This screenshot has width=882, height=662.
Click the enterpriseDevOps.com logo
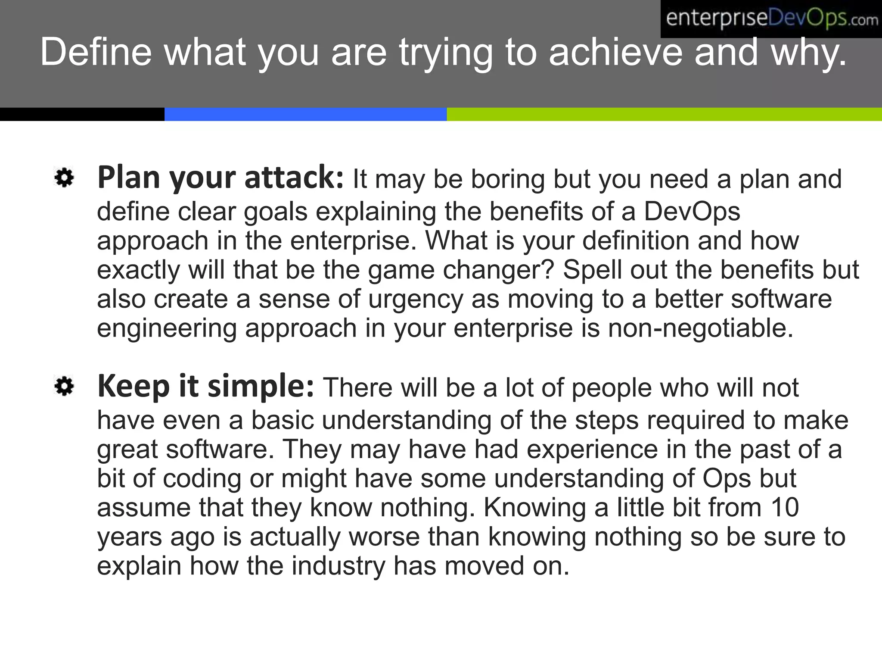771,19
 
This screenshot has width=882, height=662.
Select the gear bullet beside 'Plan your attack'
64,178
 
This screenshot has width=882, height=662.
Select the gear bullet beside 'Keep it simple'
64,386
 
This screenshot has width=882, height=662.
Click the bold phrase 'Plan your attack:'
220,178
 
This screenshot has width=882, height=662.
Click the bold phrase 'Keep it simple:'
206,386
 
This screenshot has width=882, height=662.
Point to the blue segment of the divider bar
305,114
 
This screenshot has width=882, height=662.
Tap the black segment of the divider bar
82,114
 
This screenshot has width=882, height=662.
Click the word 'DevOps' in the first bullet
692,212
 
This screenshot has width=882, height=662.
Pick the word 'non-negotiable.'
700,328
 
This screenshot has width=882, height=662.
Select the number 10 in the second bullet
785,508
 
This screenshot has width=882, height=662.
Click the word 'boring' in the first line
508,179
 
